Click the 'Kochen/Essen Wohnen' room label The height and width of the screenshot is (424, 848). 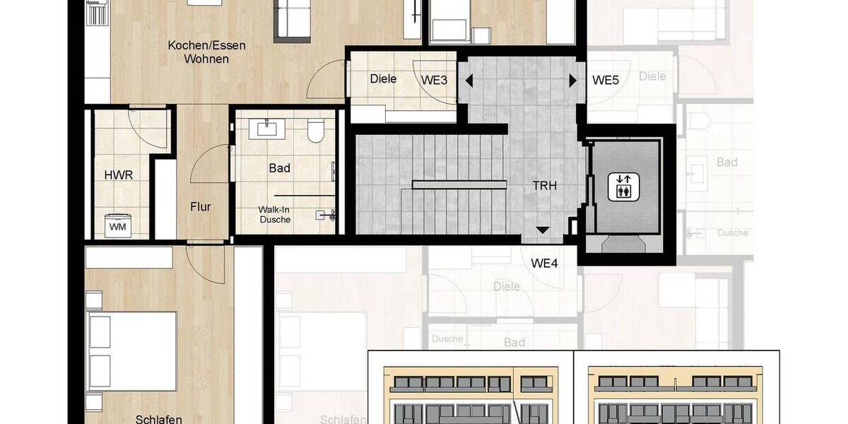[206, 52]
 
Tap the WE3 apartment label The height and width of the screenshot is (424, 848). [435, 80]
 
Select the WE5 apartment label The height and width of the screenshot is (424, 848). [606, 80]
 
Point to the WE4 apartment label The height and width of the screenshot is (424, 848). [545, 264]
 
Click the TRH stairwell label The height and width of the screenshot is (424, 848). [545, 186]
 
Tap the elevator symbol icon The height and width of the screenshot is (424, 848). [623, 187]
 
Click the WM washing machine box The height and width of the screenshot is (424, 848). [117, 225]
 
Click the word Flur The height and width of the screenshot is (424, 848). [200, 207]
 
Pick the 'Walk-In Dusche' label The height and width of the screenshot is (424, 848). [274, 214]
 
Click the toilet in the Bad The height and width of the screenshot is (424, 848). [316, 131]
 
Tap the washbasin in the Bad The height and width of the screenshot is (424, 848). [267, 128]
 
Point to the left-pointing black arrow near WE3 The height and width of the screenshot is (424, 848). [467, 81]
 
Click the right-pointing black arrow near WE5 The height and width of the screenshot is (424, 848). [572, 81]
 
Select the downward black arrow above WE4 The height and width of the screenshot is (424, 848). [542, 230]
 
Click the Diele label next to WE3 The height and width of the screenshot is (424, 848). [383, 79]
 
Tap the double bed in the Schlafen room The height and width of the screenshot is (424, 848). [131, 350]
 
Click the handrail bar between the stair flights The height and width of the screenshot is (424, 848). [459, 185]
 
